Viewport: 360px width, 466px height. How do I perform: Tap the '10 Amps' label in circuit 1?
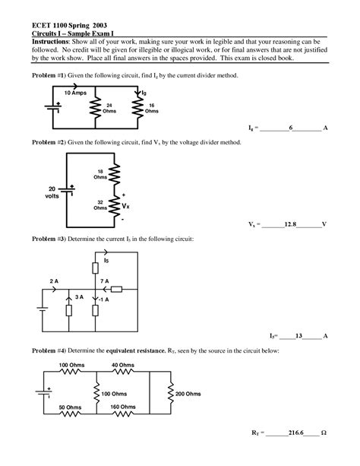pos(65,92)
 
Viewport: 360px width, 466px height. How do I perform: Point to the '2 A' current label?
pos(54,281)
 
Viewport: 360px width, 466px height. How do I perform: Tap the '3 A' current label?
pos(69,297)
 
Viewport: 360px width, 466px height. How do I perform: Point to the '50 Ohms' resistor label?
pos(70,407)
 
